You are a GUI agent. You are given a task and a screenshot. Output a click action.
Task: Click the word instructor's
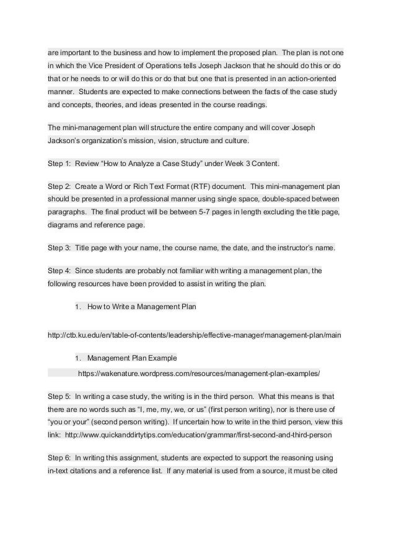coord(294,248)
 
